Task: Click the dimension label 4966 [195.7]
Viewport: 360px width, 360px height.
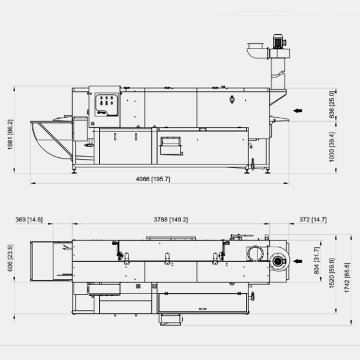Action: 153,179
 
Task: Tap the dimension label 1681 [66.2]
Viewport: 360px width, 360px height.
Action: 10,134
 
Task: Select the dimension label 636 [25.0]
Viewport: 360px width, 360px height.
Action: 332,105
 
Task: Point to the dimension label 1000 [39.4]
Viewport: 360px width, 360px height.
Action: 332,147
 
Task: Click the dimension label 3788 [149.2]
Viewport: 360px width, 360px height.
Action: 171,220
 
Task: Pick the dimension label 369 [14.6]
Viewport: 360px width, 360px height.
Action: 29,220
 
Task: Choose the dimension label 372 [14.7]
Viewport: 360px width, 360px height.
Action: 313,220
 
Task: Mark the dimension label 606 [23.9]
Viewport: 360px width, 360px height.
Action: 10,258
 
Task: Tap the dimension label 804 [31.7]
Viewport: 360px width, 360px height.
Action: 317,260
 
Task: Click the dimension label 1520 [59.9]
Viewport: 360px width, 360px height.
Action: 332,273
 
